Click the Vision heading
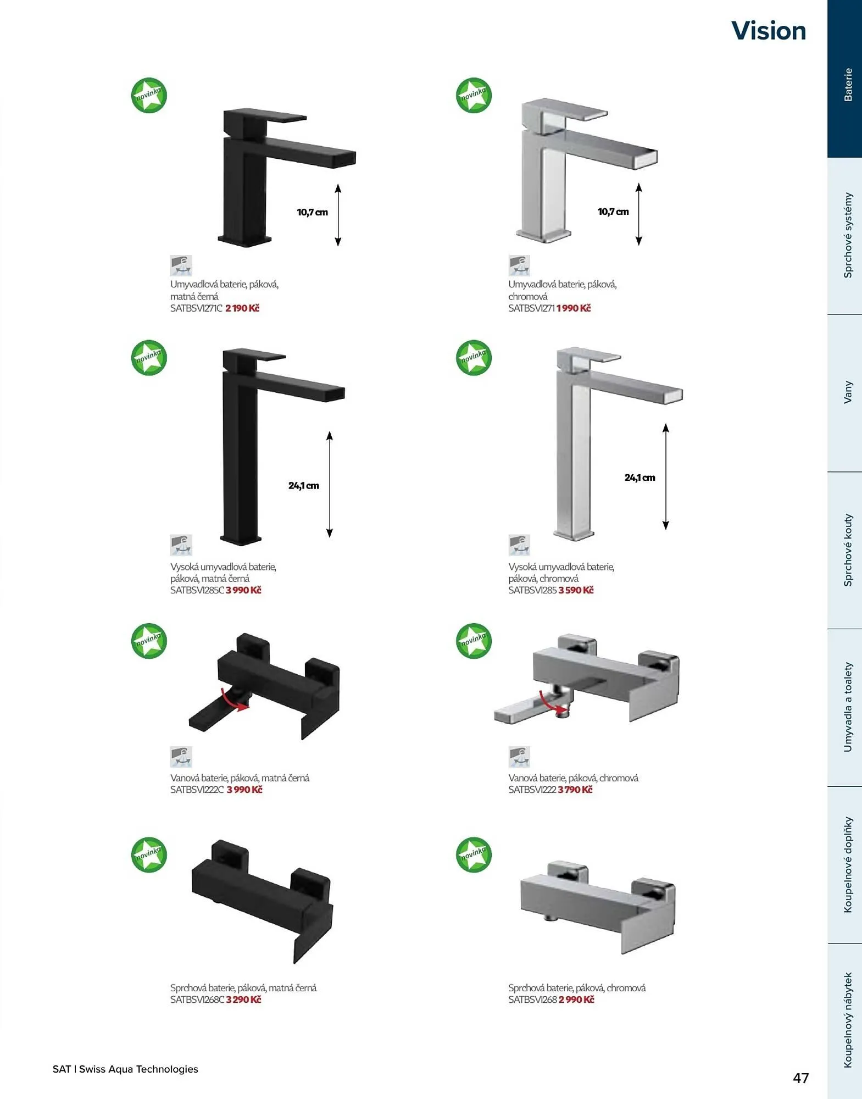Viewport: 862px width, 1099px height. coord(769,31)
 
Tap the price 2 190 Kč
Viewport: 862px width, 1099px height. coord(242,308)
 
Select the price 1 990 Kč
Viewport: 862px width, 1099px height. coord(574,308)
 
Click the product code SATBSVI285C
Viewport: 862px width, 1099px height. coord(197,590)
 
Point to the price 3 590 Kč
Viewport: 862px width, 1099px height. coord(576,590)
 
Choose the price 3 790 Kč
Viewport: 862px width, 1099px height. coord(575,790)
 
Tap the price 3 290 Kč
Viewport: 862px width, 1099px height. coord(243,1000)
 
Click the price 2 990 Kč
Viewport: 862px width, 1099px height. coord(576,1000)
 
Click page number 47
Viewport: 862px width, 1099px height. coord(800,1078)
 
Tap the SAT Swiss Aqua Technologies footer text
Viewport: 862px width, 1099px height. coord(125,1069)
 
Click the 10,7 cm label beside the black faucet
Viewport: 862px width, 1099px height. coord(312,212)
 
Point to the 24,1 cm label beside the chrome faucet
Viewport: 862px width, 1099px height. coord(639,478)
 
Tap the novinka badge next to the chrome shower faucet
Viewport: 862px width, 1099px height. coord(474,854)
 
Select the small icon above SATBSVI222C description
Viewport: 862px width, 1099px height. coord(181,757)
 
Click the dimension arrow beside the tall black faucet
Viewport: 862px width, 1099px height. coord(330,484)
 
